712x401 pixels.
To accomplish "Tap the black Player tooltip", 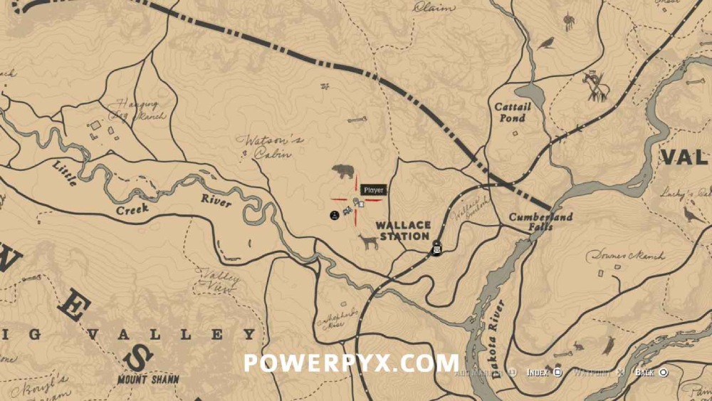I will tap(372, 190).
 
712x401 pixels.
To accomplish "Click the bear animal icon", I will tap(343, 171).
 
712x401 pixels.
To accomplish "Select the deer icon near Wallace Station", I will tap(368, 242).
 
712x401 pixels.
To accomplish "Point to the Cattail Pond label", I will tap(513, 112).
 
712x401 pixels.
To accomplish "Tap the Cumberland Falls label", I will tap(541, 222).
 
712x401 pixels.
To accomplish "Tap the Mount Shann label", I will tap(150, 379).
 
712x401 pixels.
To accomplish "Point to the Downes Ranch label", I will tap(625, 255).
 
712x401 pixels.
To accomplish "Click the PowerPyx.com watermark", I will tap(351, 363).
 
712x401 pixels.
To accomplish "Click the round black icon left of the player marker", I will tap(333, 214).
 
